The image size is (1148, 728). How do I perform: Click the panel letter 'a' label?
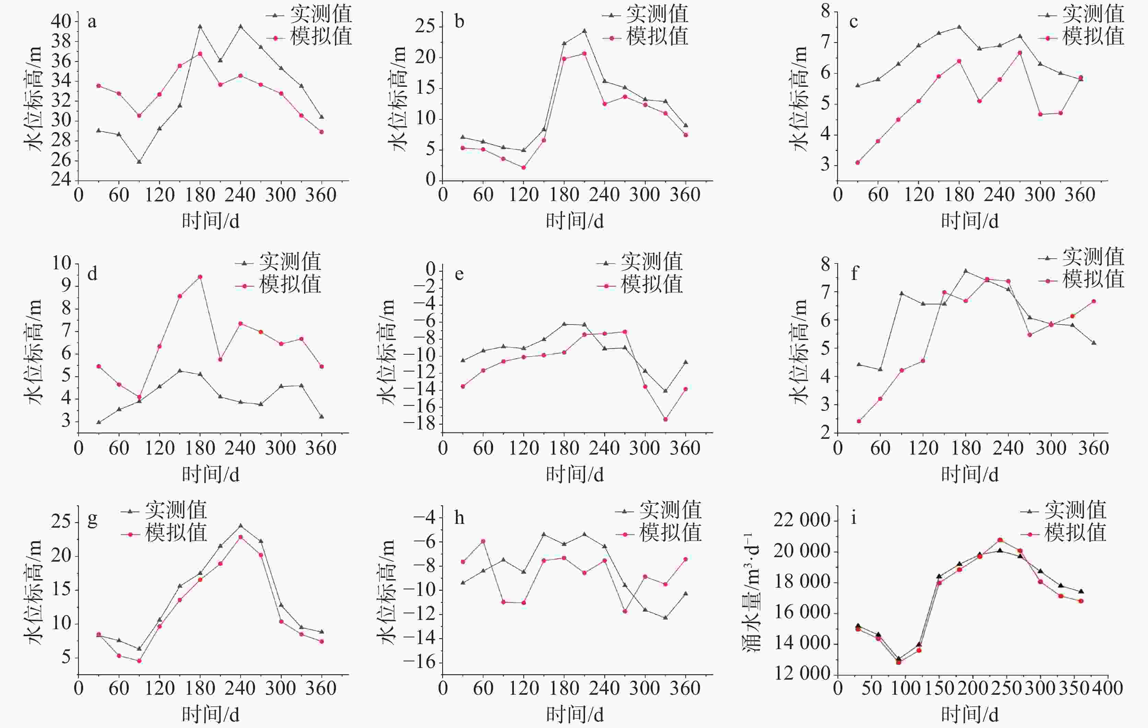92,22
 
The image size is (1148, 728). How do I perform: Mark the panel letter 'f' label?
854,274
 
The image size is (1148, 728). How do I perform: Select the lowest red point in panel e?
665,420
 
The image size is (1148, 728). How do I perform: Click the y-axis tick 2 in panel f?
825,432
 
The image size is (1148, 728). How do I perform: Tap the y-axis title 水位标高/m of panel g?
35,591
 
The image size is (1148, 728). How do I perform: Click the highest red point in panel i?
1000,540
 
